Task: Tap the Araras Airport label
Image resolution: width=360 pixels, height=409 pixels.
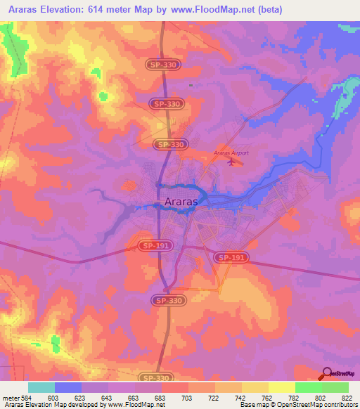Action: pos(231,152)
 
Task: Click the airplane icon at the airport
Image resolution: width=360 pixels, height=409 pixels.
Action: pos(232,162)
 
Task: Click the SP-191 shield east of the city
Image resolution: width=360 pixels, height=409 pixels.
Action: pos(231,258)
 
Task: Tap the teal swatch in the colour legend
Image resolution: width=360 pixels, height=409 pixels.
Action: pos(41,387)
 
